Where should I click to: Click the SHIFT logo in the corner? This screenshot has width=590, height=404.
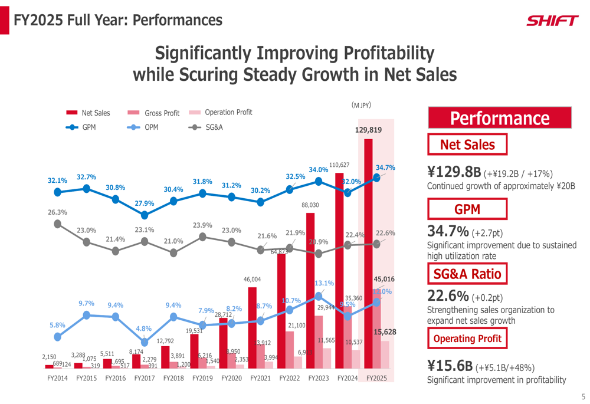point(552,21)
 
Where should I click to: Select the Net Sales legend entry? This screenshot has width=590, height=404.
point(88,113)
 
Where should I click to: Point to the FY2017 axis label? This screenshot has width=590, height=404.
point(145,379)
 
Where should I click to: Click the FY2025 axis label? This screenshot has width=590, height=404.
point(376,379)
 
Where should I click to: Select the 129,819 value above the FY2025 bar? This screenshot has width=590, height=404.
point(368,130)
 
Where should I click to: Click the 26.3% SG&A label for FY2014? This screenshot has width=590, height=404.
point(57,212)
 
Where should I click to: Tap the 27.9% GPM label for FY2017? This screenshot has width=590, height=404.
point(145,203)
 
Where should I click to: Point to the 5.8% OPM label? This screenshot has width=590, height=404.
point(57,325)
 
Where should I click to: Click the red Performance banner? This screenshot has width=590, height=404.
point(499,118)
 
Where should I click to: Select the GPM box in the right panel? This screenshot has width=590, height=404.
point(467,209)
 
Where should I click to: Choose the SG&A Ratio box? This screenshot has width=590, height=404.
point(467,274)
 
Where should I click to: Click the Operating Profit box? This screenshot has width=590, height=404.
point(467,339)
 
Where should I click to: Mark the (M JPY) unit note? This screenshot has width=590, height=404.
point(361,105)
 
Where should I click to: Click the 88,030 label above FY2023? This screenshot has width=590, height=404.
point(310,205)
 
